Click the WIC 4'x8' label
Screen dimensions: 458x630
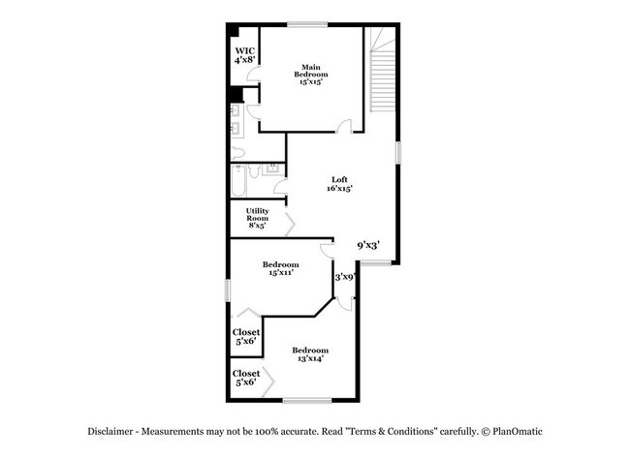[244, 54]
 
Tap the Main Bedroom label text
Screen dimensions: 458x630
[311, 75]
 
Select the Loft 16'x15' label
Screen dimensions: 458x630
[339, 184]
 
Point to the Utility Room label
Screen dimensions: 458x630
[257, 218]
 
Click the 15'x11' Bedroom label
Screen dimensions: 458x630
[281, 268]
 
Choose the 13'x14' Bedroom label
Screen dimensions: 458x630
[311, 353]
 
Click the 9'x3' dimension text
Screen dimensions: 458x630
[368, 245]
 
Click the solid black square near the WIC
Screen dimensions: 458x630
[236, 94]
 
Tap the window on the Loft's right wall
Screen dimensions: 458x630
[397, 152]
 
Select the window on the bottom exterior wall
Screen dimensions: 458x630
[307, 400]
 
